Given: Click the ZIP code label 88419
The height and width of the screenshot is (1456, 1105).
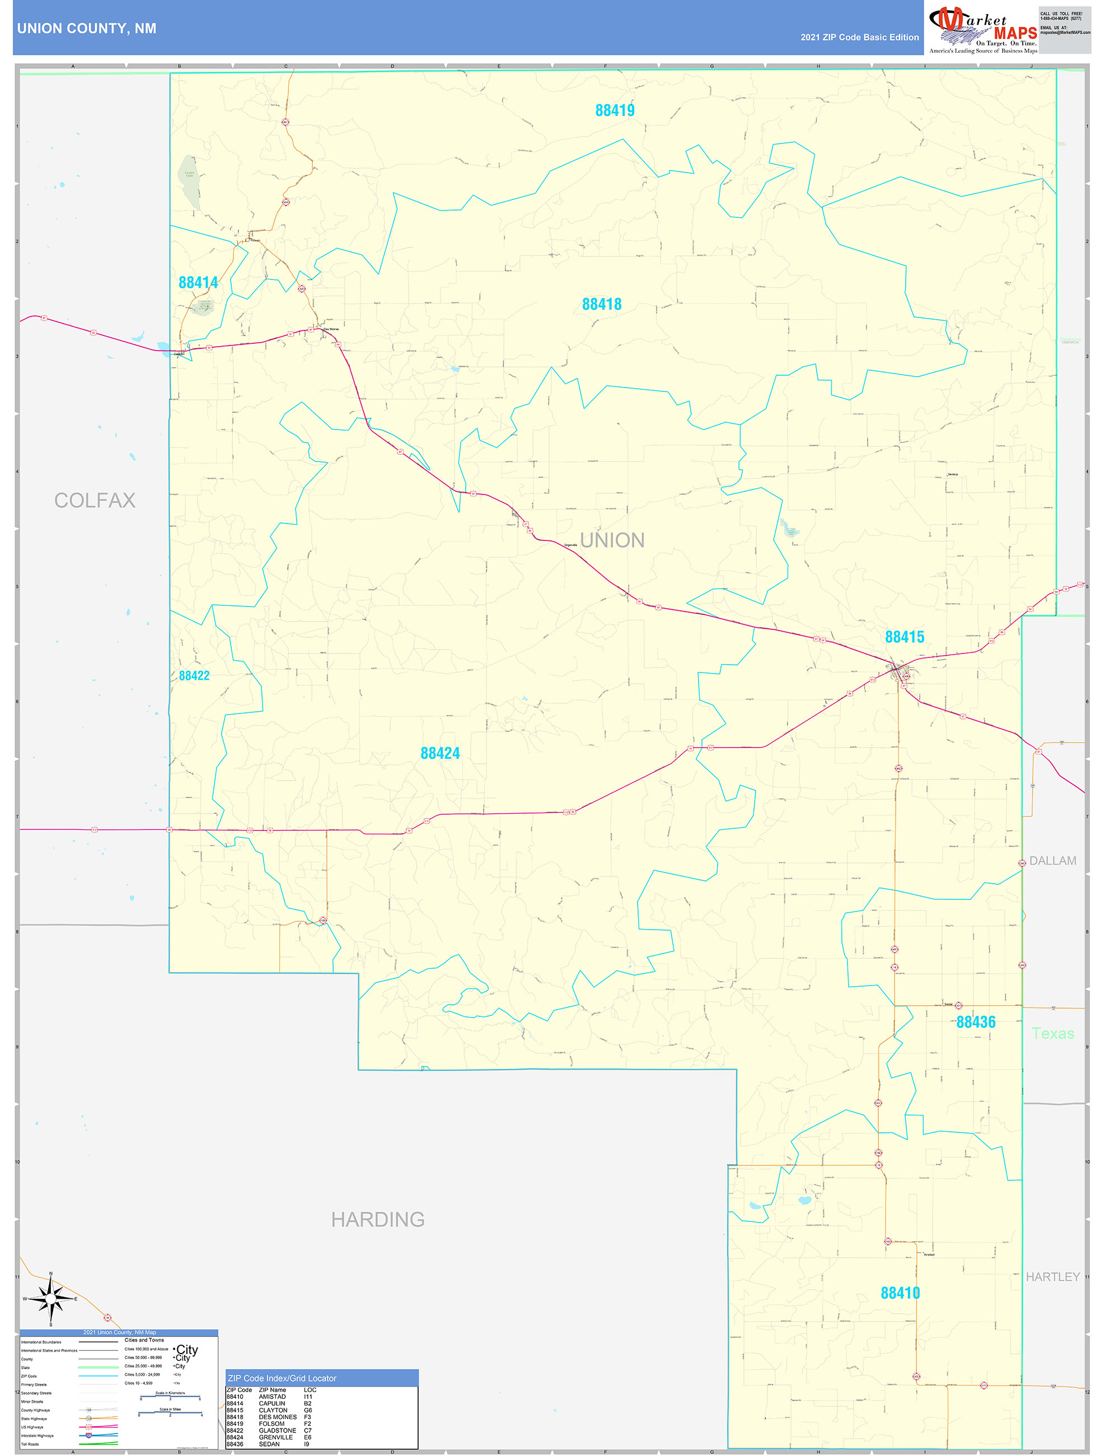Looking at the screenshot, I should [x=615, y=110].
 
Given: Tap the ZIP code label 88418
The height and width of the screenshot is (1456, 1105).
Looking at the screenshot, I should [x=602, y=304].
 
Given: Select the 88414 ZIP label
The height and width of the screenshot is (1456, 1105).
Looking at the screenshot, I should [x=198, y=282].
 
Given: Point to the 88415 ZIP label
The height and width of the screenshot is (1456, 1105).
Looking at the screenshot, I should [x=904, y=637].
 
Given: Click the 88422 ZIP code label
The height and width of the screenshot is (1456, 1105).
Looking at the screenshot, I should [x=194, y=675].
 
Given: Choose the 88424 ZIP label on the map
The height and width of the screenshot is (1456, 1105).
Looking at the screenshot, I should [x=439, y=753].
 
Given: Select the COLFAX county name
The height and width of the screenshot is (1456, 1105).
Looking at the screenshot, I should [x=95, y=500].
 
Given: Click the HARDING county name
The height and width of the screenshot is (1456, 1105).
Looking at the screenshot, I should [x=378, y=1220].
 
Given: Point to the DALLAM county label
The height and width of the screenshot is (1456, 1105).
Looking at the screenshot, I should [x=1052, y=860].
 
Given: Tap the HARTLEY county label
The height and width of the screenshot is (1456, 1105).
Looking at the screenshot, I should [x=1052, y=1276].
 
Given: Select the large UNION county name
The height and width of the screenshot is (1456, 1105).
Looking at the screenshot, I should [x=612, y=540].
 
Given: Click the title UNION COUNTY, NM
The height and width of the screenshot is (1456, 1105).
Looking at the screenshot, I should [x=87, y=29].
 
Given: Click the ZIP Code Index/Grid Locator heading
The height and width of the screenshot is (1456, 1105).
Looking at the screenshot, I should [x=282, y=1378].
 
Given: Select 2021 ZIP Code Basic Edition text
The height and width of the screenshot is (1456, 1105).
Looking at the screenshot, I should [x=859, y=38].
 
